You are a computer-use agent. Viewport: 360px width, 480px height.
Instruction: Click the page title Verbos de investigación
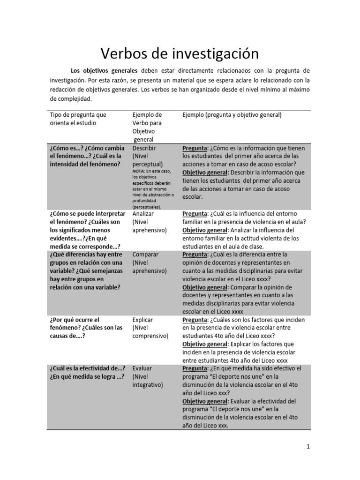click(180, 53)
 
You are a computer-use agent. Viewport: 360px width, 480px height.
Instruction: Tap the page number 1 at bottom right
click(308, 447)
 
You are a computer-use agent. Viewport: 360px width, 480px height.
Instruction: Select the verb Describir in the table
click(144, 148)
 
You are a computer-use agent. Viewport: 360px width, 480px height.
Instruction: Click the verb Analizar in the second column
click(144, 214)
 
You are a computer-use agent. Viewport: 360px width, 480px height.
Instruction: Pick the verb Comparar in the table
click(146, 255)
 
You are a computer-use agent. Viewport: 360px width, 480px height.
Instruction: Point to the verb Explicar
click(143, 320)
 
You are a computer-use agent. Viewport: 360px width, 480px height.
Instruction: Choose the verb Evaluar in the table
click(143, 368)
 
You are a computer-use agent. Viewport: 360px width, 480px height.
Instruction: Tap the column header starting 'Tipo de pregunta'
click(78, 115)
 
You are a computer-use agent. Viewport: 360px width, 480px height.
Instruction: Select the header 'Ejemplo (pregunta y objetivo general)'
click(232, 115)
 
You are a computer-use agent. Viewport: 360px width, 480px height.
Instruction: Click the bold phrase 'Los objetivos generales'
click(104, 71)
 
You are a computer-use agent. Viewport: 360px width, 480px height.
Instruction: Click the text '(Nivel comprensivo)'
click(150, 332)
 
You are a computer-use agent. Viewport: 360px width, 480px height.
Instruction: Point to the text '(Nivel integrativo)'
click(148, 381)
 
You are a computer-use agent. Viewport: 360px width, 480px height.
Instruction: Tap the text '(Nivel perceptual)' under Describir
click(148, 160)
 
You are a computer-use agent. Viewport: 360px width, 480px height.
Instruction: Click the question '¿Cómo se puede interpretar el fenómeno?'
click(87, 214)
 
